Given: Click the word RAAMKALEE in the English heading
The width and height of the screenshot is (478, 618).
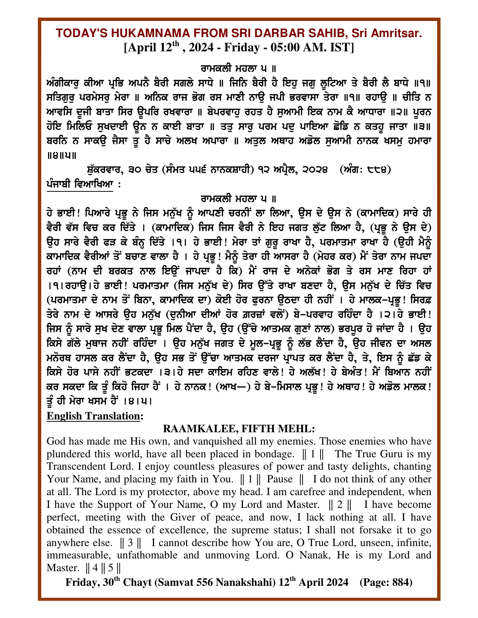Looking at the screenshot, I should [199, 428].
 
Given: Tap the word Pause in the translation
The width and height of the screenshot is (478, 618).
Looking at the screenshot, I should [280, 479].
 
